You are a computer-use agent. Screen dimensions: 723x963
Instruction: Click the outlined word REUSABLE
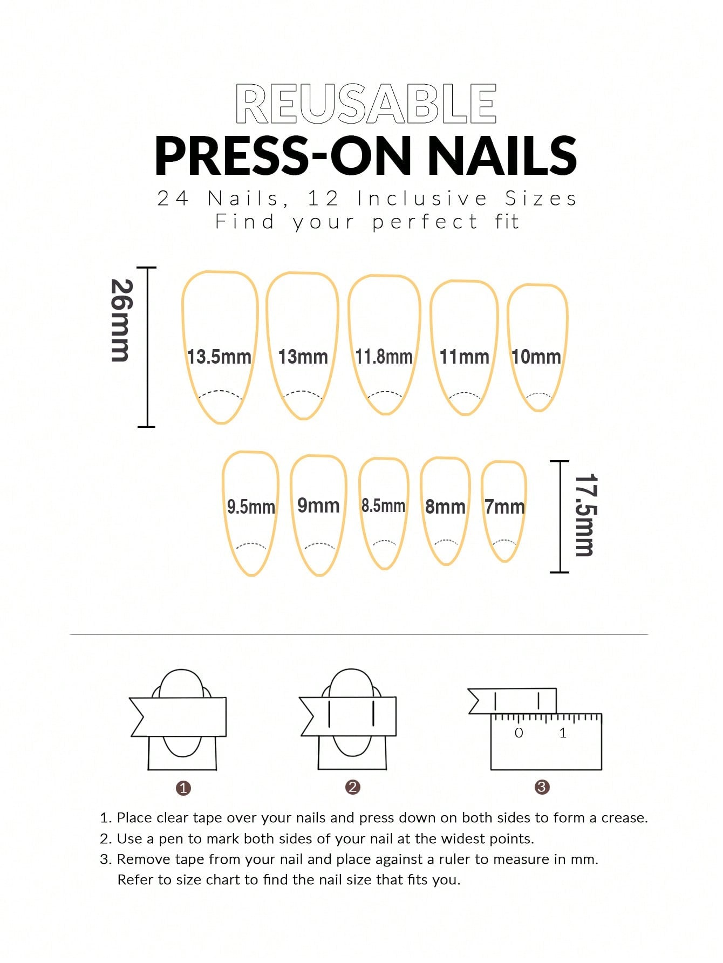tap(366, 104)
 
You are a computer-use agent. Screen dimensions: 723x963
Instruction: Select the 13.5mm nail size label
tap(219, 357)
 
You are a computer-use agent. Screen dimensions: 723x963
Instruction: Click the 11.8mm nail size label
tap(384, 357)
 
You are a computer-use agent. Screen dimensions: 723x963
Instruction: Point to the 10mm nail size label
tap(536, 357)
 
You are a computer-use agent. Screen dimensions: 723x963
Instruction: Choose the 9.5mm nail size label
tap(251, 507)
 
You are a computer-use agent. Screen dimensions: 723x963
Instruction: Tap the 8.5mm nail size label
tap(383, 506)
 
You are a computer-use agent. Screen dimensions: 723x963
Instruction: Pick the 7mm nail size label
tap(504, 507)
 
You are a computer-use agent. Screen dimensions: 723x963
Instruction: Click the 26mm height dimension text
tap(121, 320)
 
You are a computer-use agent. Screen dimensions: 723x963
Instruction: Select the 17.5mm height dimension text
tap(585, 515)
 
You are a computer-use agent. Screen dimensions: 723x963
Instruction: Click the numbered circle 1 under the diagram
tap(183, 788)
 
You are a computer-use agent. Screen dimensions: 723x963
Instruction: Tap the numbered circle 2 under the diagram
tap(353, 787)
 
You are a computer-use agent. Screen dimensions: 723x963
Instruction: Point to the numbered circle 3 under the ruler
tap(542, 787)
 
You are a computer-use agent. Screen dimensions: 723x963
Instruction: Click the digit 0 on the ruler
tap(519, 733)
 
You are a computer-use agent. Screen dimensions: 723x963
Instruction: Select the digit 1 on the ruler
tap(563, 733)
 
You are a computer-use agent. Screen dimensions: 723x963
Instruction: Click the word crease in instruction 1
tap(624, 818)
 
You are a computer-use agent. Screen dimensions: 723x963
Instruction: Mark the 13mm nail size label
tap(303, 357)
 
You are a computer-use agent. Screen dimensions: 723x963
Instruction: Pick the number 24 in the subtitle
tap(173, 199)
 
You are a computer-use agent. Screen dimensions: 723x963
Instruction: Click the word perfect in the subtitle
tap(425, 222)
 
